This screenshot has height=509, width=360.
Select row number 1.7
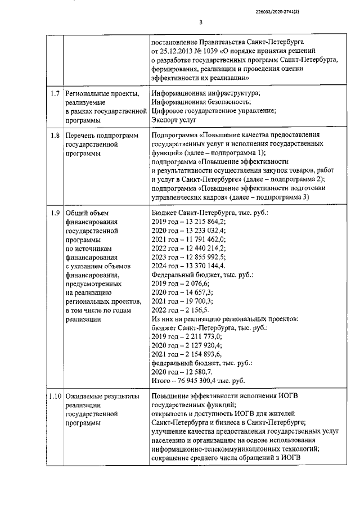tap(55, 92)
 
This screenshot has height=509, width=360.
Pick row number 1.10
tap(55, 397)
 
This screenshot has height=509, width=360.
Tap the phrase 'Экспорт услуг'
tap(173, 119)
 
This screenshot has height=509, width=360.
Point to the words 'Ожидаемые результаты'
tap(102, 397)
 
